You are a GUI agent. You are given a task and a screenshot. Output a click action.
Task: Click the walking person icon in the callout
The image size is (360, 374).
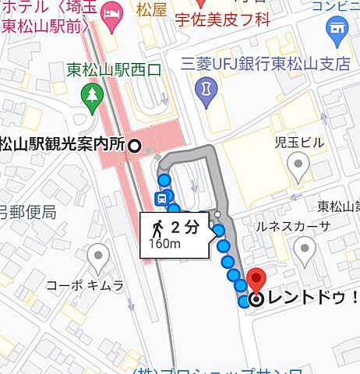158,228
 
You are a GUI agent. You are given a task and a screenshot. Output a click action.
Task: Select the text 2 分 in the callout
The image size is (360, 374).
185,228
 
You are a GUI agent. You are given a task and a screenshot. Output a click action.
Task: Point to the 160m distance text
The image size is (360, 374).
165,245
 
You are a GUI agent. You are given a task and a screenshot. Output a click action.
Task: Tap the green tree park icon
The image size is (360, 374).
91,94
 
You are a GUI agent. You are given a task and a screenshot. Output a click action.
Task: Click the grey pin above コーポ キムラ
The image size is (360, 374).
97,254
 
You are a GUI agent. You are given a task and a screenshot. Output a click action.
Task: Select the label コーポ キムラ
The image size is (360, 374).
86,285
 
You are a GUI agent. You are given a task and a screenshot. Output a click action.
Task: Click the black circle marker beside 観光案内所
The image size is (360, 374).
134,145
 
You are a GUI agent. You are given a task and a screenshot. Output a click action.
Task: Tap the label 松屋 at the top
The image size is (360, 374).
150,12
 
